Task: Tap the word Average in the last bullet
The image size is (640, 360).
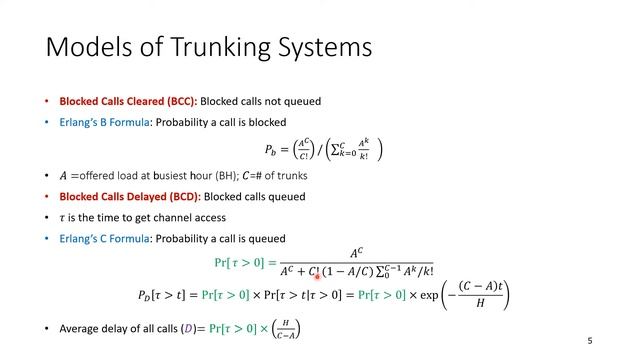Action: click(82, 328)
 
